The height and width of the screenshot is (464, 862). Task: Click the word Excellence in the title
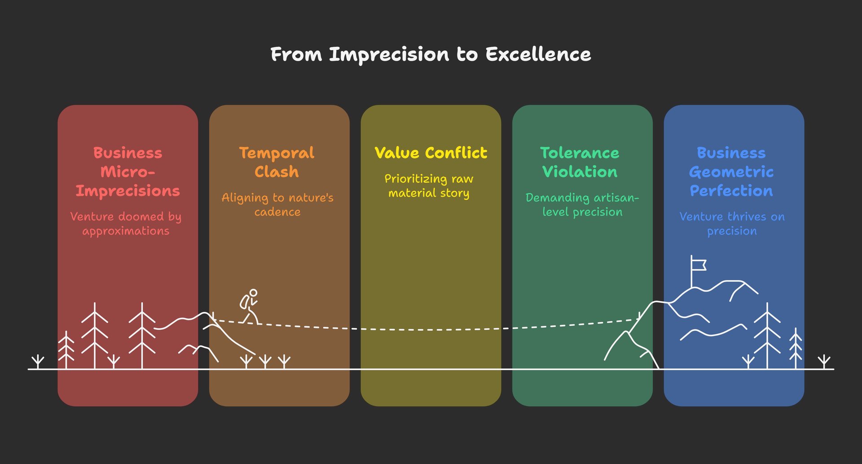tap(538, 55)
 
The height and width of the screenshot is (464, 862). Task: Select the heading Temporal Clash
tap(277, 162)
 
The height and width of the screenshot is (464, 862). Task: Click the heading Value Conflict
tap(431, 153)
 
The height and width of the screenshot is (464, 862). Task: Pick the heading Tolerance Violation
tap(580, 162)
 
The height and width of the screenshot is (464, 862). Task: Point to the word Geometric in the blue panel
tap(731, 172)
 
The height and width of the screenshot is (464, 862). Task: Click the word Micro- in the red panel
tap(128, 172)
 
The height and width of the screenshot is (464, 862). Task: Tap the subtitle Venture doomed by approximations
tap(126, 223)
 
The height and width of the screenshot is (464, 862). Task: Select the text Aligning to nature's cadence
tap(277, 205)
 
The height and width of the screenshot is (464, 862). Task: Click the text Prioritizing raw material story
tap(429, 186)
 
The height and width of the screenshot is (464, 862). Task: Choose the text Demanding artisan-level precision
tap(582, 205)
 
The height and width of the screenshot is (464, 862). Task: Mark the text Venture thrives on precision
tap(732, 223)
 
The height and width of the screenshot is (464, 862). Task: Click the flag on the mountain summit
tap(698, 265)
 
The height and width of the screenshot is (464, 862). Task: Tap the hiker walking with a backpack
tap(250, 307)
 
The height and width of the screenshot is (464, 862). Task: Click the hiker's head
tap(253, 293)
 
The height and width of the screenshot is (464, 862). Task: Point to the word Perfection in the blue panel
tap(731, 191)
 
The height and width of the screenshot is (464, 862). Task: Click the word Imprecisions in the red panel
tap(128, 191)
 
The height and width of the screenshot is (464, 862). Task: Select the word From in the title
tap(296, 55)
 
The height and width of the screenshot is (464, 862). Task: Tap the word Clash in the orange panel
tap(277, 172)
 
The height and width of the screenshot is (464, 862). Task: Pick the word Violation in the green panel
tap(580, 172)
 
